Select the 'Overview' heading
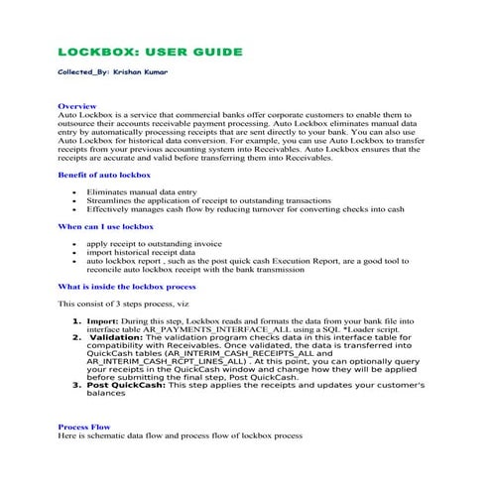(x=77, y=104)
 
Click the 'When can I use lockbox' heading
(x=106, y=227)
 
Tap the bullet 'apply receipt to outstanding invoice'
(x=154, y=243)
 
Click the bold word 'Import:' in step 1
(x=103, y=322)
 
